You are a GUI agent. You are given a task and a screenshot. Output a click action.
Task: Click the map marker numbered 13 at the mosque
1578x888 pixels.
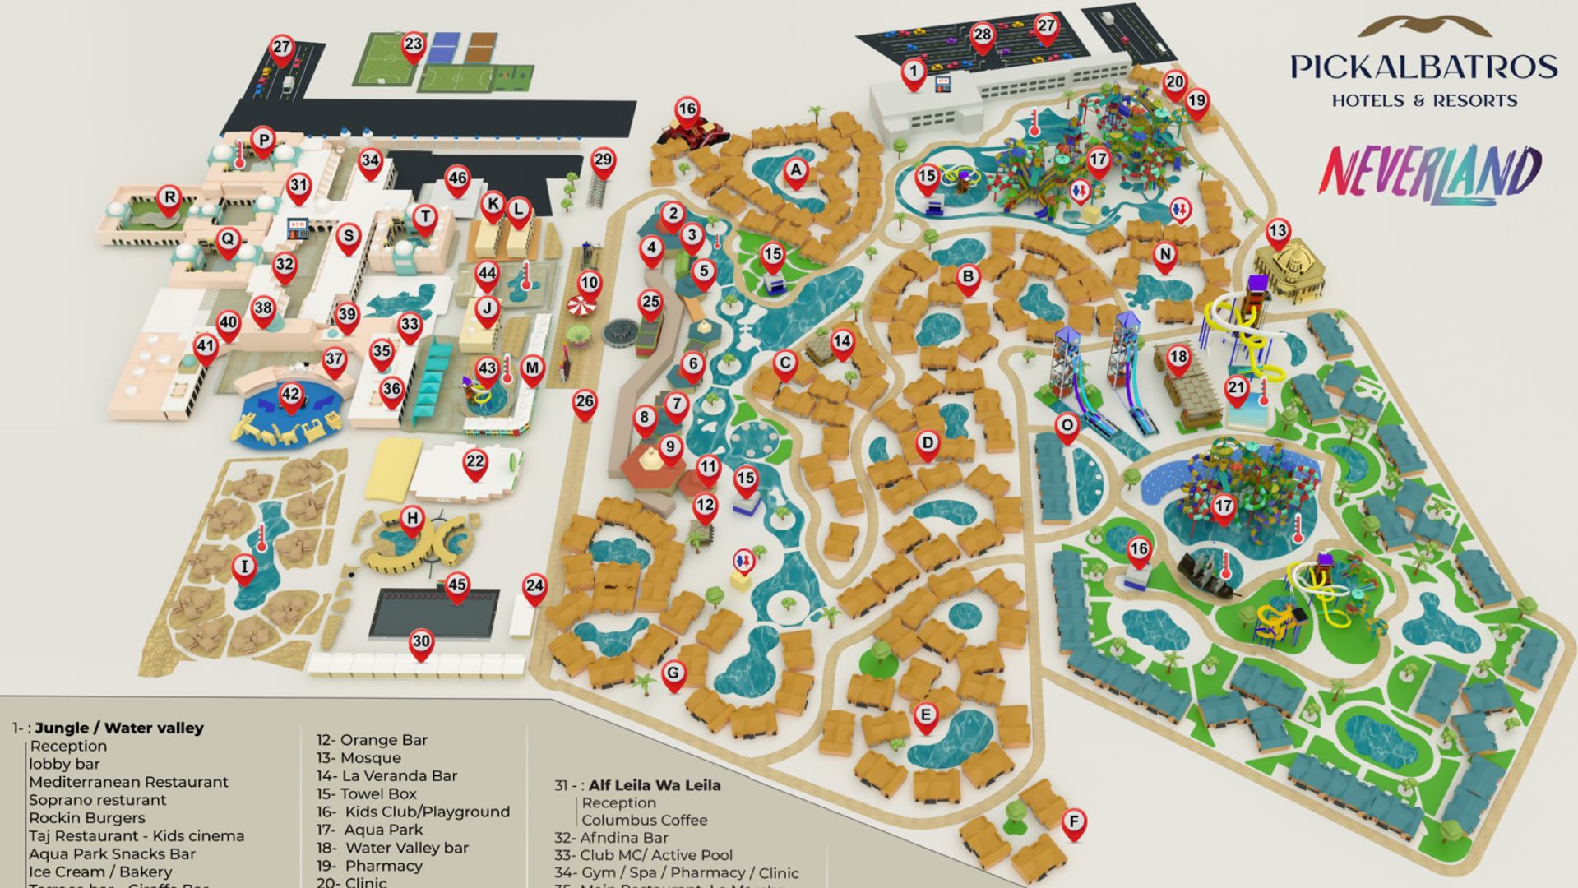point(1277,232)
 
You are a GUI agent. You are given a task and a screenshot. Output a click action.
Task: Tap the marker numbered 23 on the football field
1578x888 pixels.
point(413,45)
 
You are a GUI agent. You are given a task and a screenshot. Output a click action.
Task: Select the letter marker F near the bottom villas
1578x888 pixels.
point(1073,821)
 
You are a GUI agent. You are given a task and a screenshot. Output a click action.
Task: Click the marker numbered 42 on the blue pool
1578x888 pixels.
point(290,395)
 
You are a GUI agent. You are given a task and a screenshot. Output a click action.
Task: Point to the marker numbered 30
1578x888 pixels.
point(421,642)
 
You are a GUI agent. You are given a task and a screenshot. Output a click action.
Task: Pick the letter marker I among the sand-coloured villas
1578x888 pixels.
point(244,567)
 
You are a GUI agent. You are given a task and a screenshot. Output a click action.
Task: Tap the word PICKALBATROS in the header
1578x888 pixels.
point(1423,66)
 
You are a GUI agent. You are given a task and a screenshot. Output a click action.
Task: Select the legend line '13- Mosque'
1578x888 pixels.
point(359,758)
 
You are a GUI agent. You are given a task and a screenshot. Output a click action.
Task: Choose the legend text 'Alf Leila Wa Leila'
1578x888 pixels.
point(655,785)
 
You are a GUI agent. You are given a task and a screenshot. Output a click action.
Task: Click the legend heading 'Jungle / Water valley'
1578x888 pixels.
point(119,728)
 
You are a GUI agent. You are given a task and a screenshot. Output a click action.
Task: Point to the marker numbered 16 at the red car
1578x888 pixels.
point(687,109)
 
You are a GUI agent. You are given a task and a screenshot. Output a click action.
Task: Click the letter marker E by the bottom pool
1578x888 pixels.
point(925,715)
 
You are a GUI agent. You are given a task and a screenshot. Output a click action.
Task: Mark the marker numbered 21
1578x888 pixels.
point(1237,388)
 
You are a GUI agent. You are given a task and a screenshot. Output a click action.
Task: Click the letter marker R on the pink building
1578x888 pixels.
point(169,198)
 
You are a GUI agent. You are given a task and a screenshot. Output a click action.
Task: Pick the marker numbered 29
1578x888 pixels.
point(604,160)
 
